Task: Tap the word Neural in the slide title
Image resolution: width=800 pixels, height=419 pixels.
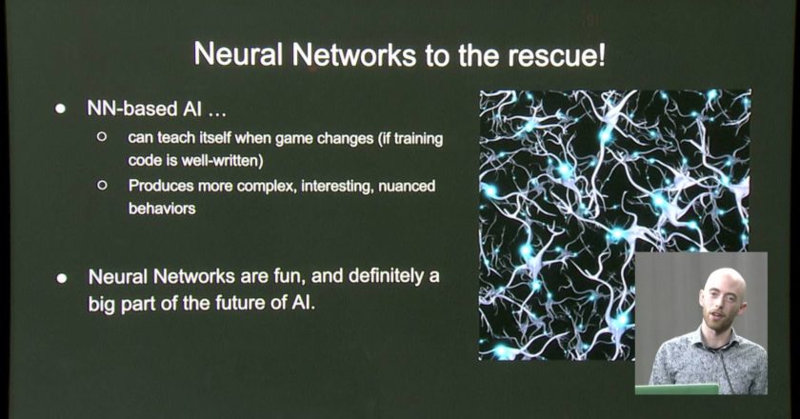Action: pyautogui.click(x=238, y=54)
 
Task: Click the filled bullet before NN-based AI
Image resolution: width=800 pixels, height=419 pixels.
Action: pyautogui.click(x=61, y=109)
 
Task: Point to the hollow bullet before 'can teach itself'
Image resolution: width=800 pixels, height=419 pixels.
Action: pyautogui.click(x=102, y=137)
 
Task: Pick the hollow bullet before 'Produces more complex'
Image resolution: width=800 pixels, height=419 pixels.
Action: pyautogui.click(x=102, y=185)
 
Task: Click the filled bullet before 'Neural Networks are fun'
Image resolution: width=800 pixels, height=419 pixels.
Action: pyautogui.click(x=62, y=278)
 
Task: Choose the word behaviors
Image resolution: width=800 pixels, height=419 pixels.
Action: pyautogui.click(x=162, y=209)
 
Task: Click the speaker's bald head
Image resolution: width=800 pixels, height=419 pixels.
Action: pyautogui.click(x=725, y=282)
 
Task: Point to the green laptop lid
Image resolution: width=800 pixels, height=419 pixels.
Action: pyautogui.click(x=676, y=389)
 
